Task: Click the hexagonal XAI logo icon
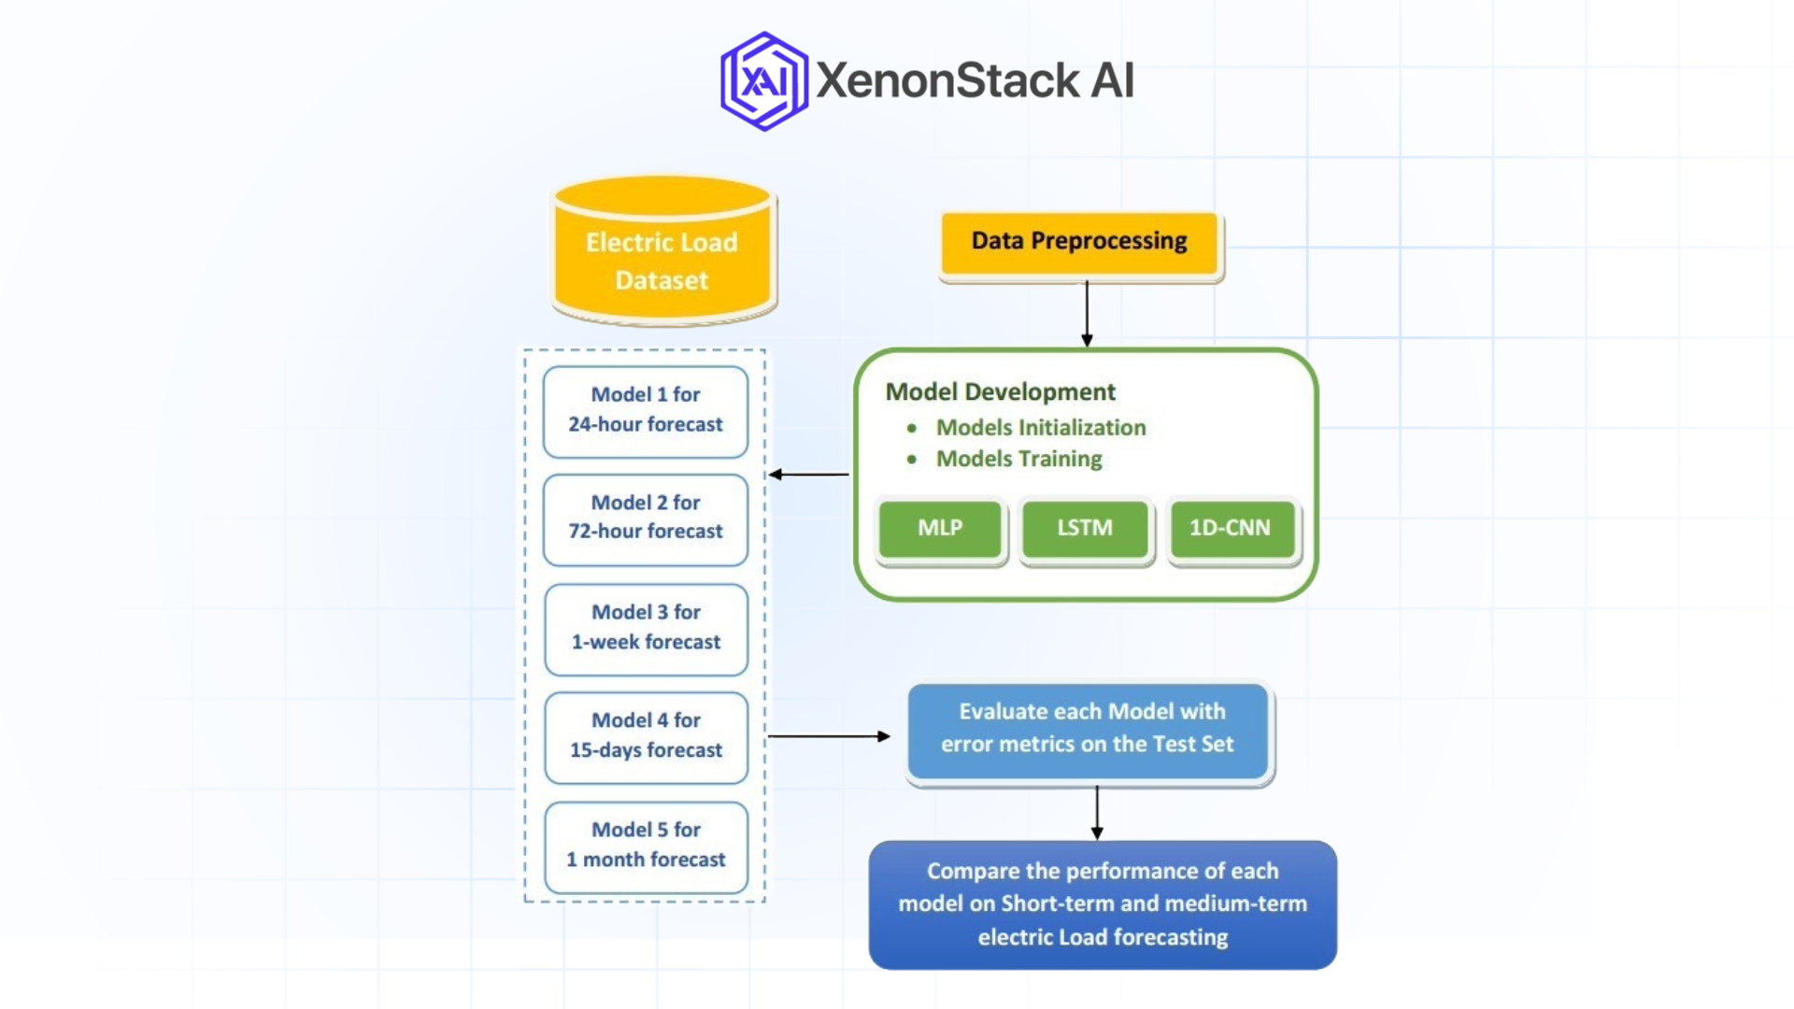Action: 763,81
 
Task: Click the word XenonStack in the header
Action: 947,80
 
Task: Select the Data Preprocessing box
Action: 1079,242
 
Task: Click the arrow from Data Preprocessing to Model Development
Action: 1087,314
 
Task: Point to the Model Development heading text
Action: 1000,391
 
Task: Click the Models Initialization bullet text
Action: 1040,428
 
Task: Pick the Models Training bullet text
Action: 1018,459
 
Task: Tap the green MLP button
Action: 940,529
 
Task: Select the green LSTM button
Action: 1084,529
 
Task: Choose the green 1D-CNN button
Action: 1231,529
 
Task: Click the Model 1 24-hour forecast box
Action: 646,411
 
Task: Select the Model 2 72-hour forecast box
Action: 646,519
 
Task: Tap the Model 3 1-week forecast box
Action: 646,628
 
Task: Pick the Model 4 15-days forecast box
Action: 646,736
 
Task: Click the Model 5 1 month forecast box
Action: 646,846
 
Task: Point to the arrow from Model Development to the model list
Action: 809,475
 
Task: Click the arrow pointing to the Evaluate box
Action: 828,736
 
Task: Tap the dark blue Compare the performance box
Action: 1103,904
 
